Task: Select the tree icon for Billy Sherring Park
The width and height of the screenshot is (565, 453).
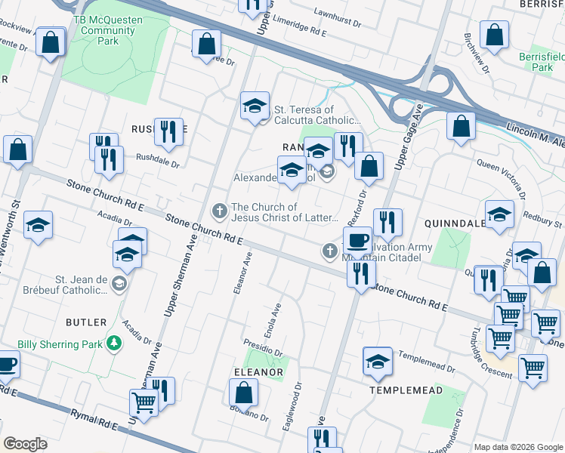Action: pyautogui.click(x=114, y=344)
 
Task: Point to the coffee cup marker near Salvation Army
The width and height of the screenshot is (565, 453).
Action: pyautogui.click(x=357, y=240)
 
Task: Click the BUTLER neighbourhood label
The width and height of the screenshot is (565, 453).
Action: pyautogui.click(x=86, y=322)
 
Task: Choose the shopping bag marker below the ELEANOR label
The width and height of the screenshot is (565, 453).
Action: pyautogui.click(x=243, y=392)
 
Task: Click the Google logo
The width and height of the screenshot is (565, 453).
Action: pyautogui.click(x=26, y=444)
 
